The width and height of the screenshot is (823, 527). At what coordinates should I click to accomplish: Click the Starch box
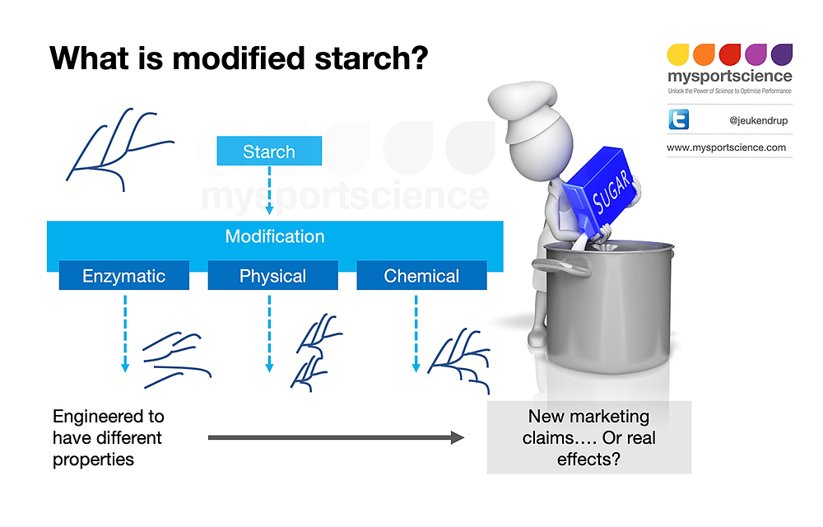tap(268, 152)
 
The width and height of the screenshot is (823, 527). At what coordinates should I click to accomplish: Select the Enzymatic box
tap(123, 277)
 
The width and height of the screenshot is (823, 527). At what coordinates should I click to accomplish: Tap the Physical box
tap(272, 277)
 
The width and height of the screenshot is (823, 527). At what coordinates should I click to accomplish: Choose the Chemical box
tap(421, 277)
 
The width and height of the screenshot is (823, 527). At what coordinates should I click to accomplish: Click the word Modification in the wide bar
tap(275, 237)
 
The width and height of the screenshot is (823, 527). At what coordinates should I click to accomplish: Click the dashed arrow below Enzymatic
tap(125, 333)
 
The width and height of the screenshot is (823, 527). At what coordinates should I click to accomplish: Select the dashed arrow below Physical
tap(269, 333)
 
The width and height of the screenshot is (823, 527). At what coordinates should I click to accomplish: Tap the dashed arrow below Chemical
tap(416, 333)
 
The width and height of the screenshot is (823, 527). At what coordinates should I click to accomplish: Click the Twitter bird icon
tap(679, 120)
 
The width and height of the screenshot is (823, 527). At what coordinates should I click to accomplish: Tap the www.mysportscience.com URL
tap(726, 148)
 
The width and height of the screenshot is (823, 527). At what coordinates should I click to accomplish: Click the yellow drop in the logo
tap(677, 55)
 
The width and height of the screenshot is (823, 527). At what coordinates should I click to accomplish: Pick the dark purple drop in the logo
tap(781, 55)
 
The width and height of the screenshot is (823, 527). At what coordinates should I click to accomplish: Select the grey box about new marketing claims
tap(588, 437)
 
